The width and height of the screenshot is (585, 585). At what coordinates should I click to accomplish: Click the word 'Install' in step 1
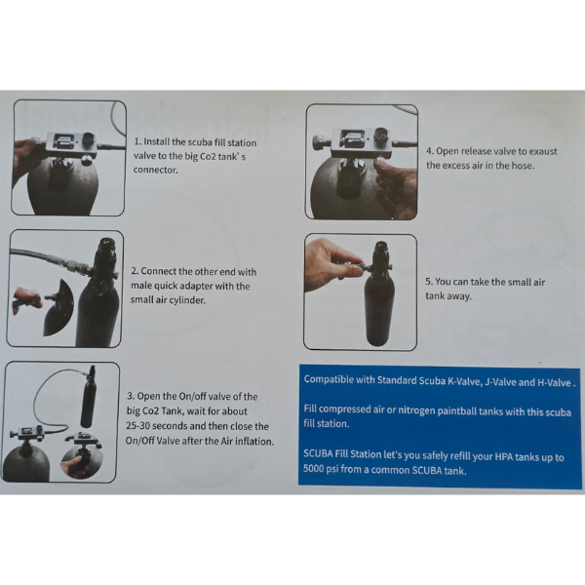coord(156,142)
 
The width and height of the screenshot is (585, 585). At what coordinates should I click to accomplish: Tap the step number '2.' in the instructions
coord(135,271)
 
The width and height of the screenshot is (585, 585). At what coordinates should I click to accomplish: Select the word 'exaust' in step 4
coord(542,151)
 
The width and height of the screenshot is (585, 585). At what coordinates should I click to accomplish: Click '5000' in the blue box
coord(313,468)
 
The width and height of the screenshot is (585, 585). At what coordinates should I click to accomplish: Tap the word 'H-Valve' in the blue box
coord(554,382)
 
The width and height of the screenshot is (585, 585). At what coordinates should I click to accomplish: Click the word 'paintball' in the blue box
coord(453,411)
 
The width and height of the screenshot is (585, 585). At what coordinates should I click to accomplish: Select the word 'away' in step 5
coord(461,296)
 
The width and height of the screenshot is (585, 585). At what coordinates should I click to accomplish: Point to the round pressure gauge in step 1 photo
coord(89,139)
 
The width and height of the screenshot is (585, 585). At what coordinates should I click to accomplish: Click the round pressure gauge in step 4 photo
coord(381,136)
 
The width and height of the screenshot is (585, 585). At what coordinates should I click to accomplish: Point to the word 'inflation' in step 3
coord(257,442)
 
